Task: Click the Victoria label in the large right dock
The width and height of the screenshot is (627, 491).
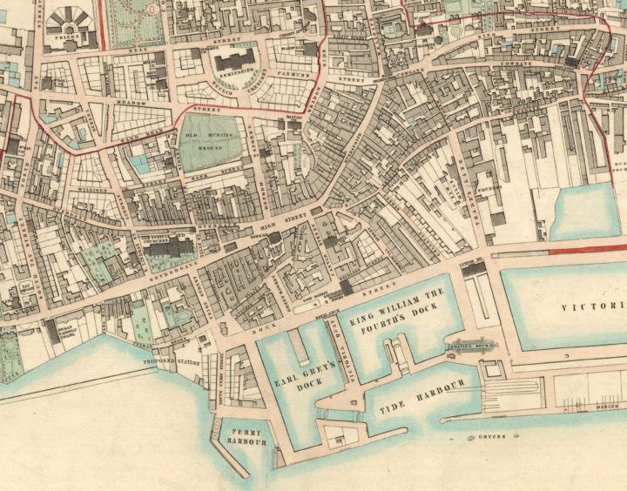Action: pos(592,306)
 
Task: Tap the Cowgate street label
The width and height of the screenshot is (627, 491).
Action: pos(514,66)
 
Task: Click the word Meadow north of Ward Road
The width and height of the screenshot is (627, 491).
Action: pos(130,102)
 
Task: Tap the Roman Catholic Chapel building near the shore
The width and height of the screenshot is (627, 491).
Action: pos(64,331)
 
